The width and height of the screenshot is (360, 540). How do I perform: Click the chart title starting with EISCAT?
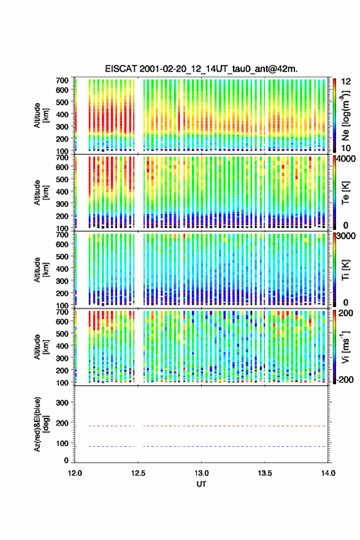point(201,69)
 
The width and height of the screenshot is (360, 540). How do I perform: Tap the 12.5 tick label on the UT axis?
point(138,473)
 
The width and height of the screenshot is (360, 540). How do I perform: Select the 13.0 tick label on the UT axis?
point(201,473)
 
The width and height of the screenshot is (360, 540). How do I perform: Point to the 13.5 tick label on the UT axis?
point(265,473)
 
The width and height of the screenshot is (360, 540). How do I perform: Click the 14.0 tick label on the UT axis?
point(328,473)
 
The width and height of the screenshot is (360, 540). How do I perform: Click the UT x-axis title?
point(201,484)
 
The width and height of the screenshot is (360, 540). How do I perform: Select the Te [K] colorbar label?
point(345,193)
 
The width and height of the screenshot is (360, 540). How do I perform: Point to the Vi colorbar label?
point(345,347)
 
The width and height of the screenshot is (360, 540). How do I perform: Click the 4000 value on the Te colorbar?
point(347,159)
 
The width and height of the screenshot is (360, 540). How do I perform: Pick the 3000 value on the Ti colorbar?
point(347,236)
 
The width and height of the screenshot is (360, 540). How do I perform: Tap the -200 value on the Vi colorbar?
point(345,380)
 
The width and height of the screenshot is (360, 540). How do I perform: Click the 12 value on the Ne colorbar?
point(346,82)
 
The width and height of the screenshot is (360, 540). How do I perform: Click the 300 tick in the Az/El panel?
point(62,403)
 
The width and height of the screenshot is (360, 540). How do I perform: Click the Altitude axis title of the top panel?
point(42,115)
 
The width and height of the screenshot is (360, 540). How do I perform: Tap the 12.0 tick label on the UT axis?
point(75,473)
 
